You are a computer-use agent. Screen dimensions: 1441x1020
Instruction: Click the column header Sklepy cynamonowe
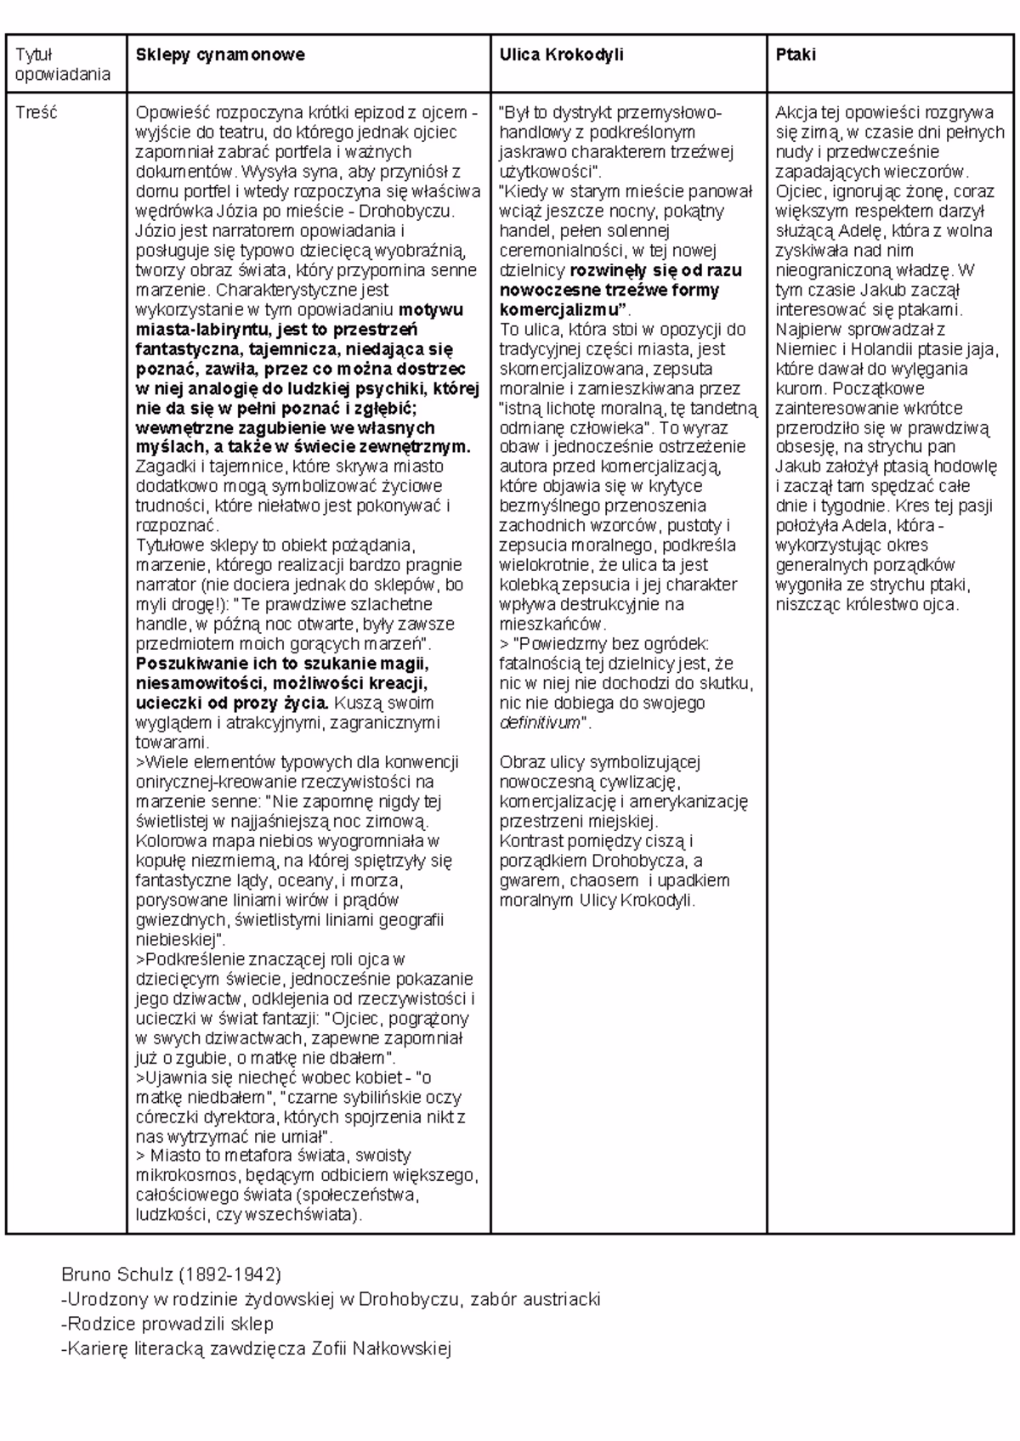point(220,55)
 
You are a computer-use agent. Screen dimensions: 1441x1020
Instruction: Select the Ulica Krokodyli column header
point(562,55)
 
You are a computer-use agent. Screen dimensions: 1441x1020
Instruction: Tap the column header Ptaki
point(796,55)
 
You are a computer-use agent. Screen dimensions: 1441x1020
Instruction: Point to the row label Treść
point(36,113)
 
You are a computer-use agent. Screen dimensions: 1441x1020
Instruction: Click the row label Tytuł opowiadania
point(63,65)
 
